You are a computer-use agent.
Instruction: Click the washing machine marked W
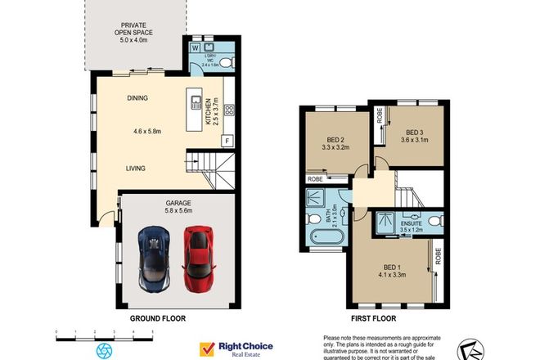tap(195, 47)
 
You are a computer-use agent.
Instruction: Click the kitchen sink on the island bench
tap(196, 102)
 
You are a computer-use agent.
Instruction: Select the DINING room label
tap(137, 98)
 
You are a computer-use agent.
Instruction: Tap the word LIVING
tap(136, 169)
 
